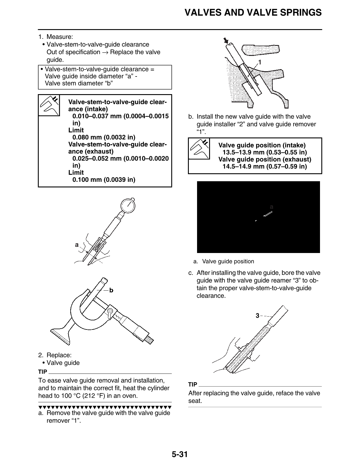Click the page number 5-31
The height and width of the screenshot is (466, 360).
click(x=180, y=455)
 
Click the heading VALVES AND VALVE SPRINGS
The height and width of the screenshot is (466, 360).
click(x=253, y=13)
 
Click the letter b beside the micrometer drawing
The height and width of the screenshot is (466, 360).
click(x=111, y=291)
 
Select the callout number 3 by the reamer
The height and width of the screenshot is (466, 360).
click(x=257, y=316)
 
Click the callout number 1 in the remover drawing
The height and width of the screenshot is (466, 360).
click(x=260, y=62)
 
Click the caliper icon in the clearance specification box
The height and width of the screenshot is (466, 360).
click(x=49, y=105)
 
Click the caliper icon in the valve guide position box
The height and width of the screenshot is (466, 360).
click(x=199, y=149)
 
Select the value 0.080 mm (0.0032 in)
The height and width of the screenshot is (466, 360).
click(x=104, y=137)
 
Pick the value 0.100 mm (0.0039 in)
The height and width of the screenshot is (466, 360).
click(x=104, y=180)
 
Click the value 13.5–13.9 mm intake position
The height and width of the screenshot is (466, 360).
click(x=265, y=152)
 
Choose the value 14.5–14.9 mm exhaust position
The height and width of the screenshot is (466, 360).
click(x=265, y=167)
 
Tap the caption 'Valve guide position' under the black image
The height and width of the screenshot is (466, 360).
click(x=228, y=262)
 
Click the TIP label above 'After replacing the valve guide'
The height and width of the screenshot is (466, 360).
click(x=193, y=385)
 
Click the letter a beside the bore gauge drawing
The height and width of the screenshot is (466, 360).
click(x=77, y=245)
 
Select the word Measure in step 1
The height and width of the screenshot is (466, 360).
click(x=59, y=37)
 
